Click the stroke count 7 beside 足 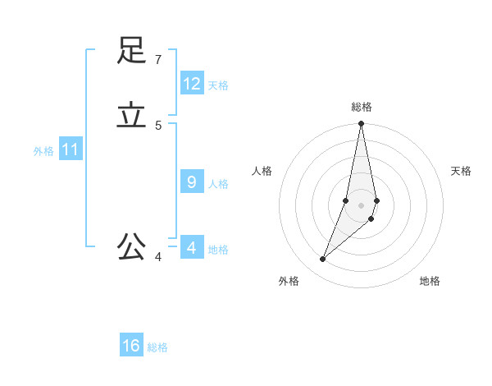(157, 59)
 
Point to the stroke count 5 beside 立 (158, 125)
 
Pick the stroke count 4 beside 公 (158, 257)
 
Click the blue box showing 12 (192, 84)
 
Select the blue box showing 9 (192, 182)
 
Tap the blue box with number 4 (192, 247)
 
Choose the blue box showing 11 (71, 150)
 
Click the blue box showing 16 (131, 346)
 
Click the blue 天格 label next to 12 (218, 85)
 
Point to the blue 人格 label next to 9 (218, 184)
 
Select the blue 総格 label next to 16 (157, 347)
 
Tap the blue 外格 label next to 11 (43, 152)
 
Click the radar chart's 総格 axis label (362, 107)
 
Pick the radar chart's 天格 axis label (461, 171)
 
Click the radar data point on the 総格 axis (362, 124)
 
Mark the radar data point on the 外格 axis (323, 259)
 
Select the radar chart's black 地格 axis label (430, 281)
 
